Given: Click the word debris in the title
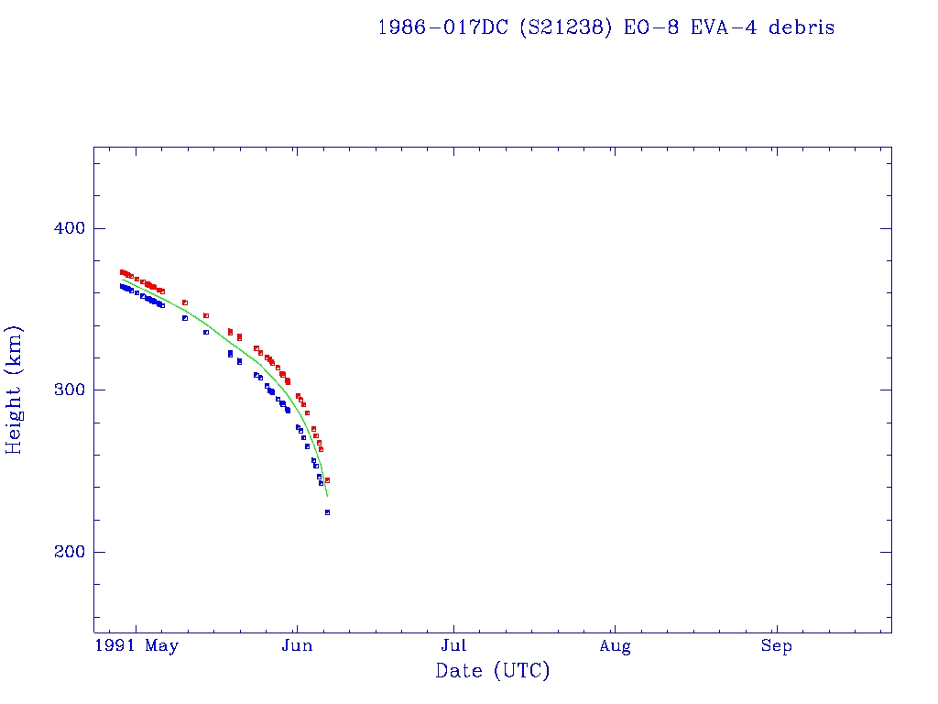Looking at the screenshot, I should point(802,27).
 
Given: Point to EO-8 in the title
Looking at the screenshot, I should point(647,27).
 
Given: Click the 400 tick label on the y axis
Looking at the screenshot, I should point(69,228).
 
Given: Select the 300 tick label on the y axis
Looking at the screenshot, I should point(69,390).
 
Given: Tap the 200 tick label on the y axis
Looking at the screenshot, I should point(69,552).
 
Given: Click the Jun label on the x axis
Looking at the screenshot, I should point(296,646).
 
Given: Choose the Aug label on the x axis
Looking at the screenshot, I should point(616,646).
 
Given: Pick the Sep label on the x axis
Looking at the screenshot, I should point(777,646).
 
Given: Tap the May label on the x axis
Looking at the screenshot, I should point(161,646).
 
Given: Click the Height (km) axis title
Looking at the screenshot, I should point(15,390).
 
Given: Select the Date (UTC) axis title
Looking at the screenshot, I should point(493,671).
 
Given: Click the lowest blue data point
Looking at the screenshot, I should point(327,512).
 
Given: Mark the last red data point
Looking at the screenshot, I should point(327,480).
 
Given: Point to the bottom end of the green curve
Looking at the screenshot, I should point(327,496).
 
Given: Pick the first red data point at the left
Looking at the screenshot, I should point(121,272).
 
